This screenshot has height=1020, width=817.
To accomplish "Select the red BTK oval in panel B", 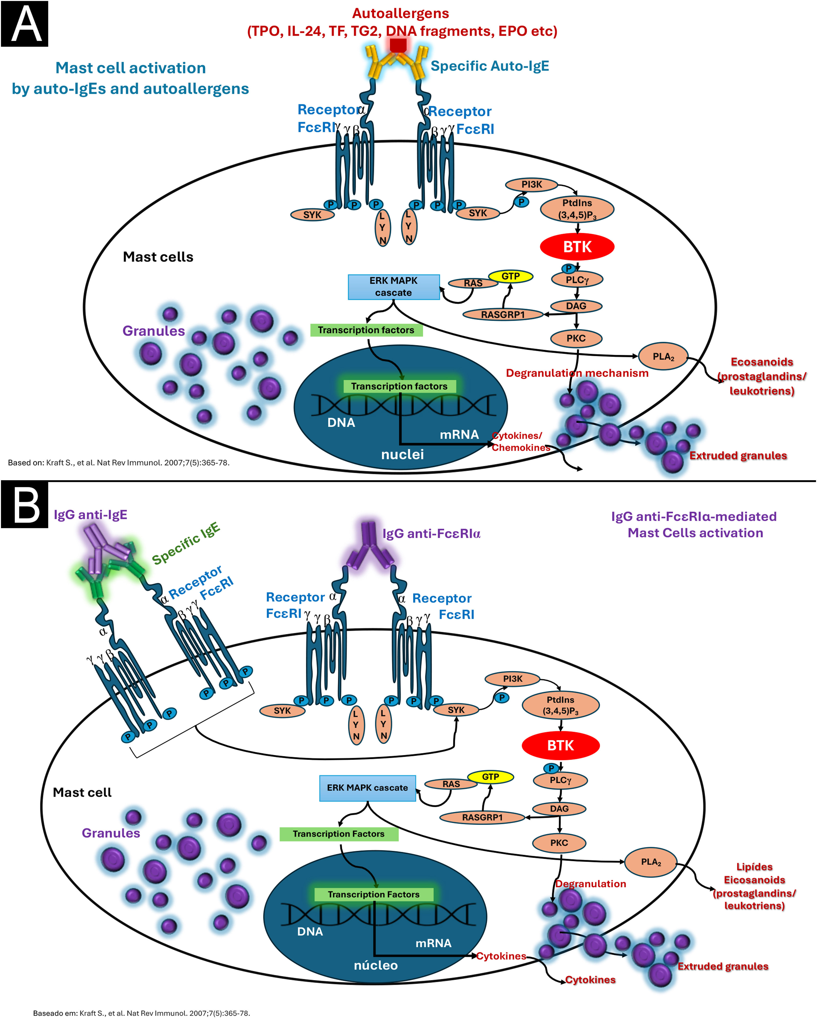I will click(560, 746).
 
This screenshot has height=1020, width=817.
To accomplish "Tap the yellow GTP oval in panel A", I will click(510, 276).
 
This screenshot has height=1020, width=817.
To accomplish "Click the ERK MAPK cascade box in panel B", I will click(367, 788).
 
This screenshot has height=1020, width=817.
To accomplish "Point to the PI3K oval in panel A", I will click(532, 185).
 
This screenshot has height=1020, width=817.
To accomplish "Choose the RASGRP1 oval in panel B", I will click(482, 817).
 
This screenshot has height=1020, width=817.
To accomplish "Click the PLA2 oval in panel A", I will click(663, 356).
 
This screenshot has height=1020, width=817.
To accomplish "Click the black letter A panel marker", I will click(25, 24).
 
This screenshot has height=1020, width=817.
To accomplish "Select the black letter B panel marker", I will click(25, 504).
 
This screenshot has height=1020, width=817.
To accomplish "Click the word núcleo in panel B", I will click(376, 965).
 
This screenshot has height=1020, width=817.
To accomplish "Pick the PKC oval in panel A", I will click(576, 338).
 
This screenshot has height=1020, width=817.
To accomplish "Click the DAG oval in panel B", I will click(559, 809).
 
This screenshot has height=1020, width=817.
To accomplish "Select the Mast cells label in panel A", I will click(158, 257).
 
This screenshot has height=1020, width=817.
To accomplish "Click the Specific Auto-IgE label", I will click(490, 66).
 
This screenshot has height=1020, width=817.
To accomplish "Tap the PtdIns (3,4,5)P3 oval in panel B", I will click(560, 705).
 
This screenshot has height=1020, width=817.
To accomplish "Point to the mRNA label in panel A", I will click(459, 434).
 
